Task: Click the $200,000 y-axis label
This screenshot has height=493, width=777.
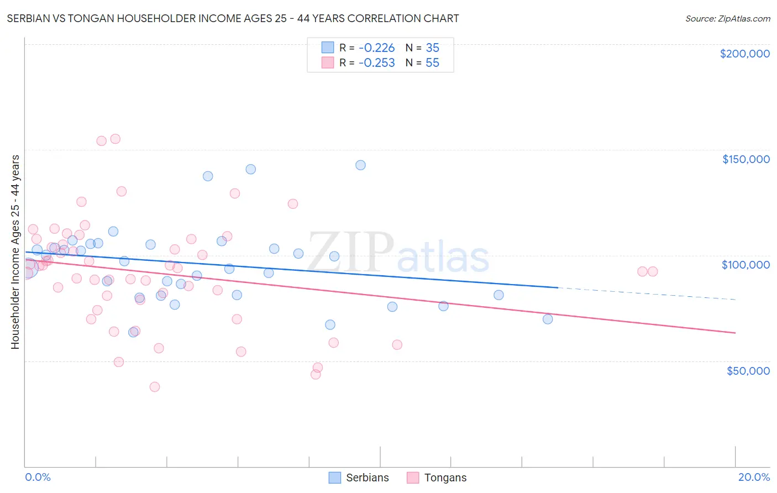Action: pos(744,54)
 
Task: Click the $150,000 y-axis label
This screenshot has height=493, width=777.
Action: pos(746,159)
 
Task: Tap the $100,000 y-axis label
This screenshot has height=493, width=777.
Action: pos(746,265)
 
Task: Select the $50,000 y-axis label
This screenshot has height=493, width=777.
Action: pos(748,370)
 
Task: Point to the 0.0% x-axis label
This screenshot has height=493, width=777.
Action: pos(38,477)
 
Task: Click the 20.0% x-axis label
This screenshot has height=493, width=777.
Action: pos(754,477)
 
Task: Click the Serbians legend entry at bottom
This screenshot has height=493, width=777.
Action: pos(359,478)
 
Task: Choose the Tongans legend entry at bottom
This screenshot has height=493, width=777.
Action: pos(437,478)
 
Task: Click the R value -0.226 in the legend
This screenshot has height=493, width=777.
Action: pos(376,48)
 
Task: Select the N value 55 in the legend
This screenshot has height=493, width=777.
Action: pos(432,62)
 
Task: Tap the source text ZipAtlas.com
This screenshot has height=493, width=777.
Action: pos(727,18)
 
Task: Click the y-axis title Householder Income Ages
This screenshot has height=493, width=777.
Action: pos(15,251)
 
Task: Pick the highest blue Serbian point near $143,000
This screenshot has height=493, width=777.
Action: pos(360,165)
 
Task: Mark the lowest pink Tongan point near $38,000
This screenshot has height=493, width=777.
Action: pos(155,387)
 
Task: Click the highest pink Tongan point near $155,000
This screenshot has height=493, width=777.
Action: pos(116,139)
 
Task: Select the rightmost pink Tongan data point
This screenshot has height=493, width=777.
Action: pos(653,271)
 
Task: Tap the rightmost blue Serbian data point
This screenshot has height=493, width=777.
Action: pos(548,319)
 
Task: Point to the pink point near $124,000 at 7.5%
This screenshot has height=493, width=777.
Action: pos(293,204)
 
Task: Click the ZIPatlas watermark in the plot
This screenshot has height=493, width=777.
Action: pos(398,253)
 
